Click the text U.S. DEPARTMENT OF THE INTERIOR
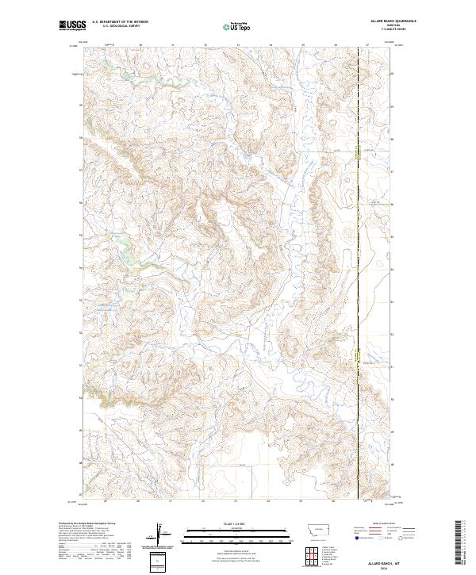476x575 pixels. pyautogui.click(x=120, y=21)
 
